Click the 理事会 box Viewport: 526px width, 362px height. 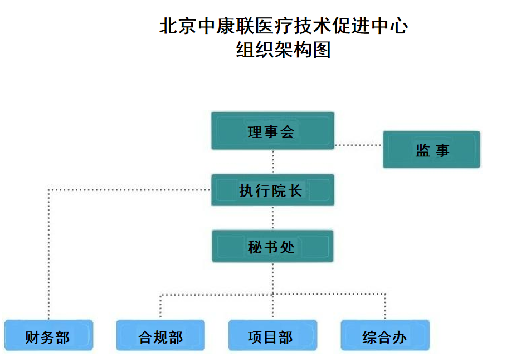(x=272, y=131)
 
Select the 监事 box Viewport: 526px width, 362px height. (x=431, y=149)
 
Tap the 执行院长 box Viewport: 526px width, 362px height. (x=272, y=190)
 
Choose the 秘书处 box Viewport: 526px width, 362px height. (x=272, y=246)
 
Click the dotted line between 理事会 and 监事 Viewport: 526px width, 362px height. (x=358, y=145)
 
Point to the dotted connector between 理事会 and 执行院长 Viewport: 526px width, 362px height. (x=273, y=162)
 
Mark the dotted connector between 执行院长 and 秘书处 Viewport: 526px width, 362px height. (x=273, y=218)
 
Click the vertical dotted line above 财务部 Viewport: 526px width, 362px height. (x=49, y=256)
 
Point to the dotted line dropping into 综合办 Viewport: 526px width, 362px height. (x=385, y=307)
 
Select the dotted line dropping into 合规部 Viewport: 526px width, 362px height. (x=160, y=307)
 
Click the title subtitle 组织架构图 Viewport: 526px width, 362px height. (x=284, y=50)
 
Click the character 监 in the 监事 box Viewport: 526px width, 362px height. (x=422, y=150)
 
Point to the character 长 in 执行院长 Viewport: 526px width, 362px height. (x=296, y=190)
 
